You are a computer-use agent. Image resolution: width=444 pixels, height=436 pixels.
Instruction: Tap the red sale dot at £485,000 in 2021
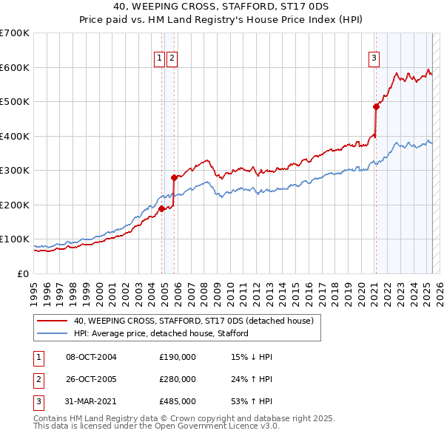(x=376, y=106)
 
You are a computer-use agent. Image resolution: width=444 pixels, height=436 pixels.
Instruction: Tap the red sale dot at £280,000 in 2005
(x=174, y=177)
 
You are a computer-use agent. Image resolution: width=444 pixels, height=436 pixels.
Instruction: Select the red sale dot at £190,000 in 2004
(x=161, y=208)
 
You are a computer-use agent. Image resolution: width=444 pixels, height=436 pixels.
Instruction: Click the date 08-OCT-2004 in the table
(x=92, y=357)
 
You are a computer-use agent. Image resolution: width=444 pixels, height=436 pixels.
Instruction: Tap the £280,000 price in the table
(x=178, y=379)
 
